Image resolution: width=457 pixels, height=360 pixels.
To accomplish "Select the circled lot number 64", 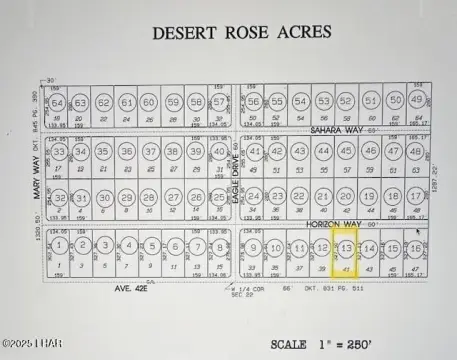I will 58,103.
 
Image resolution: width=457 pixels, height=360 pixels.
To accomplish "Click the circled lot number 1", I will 61,246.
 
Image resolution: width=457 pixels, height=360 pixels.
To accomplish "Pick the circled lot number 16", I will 415,247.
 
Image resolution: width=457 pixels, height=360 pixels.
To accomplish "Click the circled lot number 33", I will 60,152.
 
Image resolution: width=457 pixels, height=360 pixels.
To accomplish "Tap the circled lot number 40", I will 219,151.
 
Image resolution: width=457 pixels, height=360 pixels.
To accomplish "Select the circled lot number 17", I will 415,197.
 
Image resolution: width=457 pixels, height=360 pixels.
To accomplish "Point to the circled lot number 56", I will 254,102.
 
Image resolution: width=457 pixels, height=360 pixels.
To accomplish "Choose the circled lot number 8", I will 219,246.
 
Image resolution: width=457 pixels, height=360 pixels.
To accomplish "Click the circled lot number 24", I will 254,197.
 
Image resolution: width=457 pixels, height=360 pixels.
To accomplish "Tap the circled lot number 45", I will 346,151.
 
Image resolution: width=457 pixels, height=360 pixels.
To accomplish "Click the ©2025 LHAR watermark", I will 32,345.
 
